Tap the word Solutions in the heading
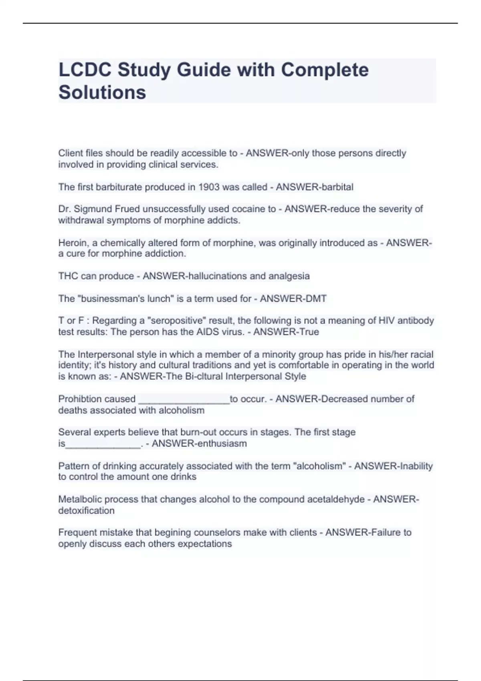point(102,92)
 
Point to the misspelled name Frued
point(127,209)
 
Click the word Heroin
point(73,243)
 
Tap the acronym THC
point(68,276)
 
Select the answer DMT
point(315,298)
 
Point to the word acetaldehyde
point(336,499)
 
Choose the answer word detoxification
point(87,510)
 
